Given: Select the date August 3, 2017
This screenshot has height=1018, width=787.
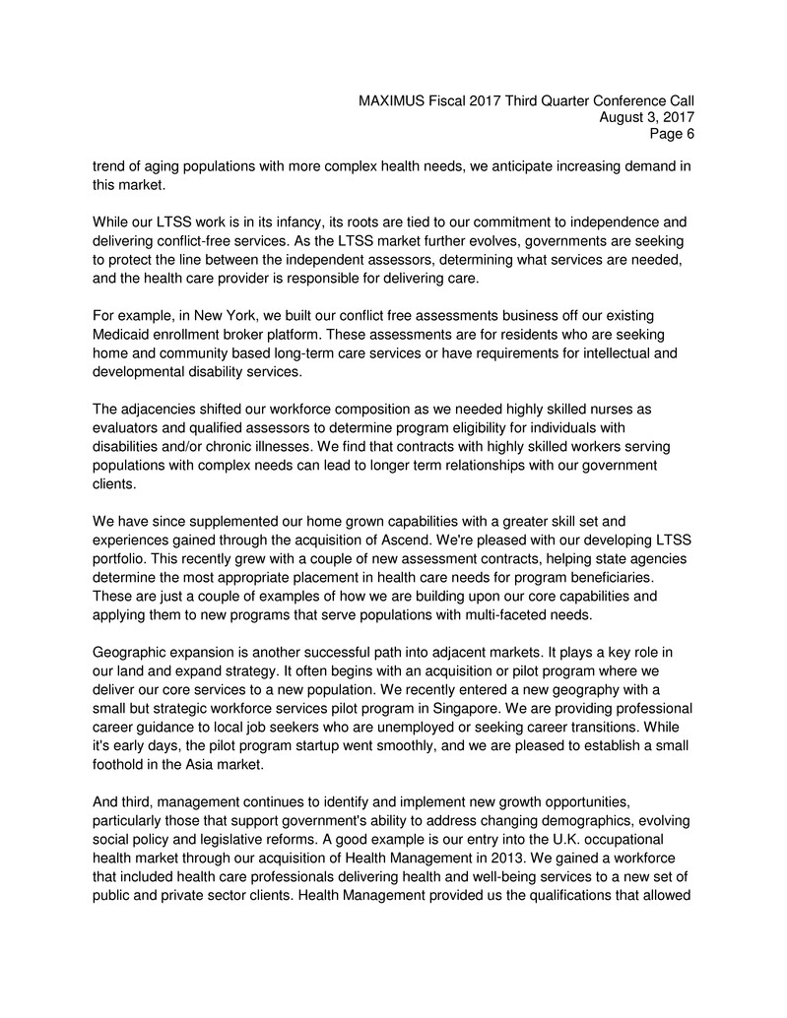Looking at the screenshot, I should click(x=647, y=118).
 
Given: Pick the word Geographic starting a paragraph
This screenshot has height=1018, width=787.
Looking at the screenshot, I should click(x=136, y=651).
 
